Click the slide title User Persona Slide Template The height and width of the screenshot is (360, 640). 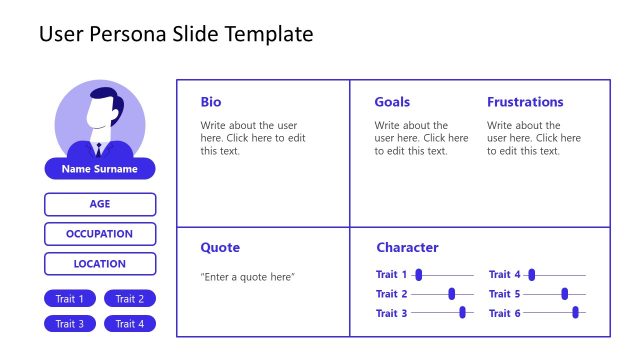176,35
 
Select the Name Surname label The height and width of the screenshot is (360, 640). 100,169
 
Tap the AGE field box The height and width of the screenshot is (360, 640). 100,204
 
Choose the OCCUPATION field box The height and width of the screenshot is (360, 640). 100,234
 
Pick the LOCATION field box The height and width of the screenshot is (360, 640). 100,264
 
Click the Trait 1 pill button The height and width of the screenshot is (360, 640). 70,298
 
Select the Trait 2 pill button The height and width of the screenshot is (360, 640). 130,298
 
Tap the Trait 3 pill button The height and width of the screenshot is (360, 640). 70,323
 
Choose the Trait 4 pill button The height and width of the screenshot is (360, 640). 130,323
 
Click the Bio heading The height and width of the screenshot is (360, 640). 211,102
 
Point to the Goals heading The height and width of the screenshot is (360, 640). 392,102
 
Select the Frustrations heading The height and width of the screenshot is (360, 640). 525,102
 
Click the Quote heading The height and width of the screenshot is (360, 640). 220,248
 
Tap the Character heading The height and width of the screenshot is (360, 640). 407,248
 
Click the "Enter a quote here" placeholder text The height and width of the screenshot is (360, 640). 248,276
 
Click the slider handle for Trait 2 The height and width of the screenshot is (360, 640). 452,294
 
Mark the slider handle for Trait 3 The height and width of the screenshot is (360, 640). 462,313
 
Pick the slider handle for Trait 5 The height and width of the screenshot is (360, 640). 565,294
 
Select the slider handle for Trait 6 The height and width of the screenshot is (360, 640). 575,313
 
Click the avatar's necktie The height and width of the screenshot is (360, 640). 98,150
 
